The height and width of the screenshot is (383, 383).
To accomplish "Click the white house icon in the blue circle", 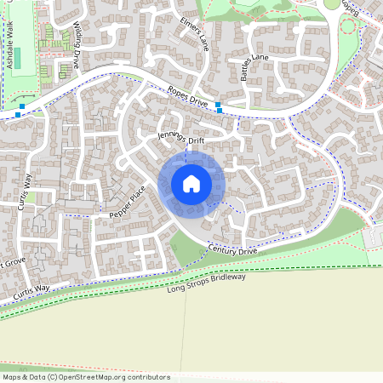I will click(191, 184).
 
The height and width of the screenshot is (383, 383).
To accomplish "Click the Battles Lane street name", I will click(254, 68).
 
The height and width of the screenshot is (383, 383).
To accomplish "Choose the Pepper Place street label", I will click(129, 202).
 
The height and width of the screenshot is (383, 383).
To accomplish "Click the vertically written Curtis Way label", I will click(27, 191).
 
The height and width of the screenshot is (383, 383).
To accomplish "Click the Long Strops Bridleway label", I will click(206, 283).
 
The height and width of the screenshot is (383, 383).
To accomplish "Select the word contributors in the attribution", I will click(148, 376).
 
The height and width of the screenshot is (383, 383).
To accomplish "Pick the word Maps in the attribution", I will click(12, 376).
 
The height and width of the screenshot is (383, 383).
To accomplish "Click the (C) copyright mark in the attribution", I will click(53, 376).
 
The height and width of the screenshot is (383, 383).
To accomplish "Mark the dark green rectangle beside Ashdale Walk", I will click(18, 58).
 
